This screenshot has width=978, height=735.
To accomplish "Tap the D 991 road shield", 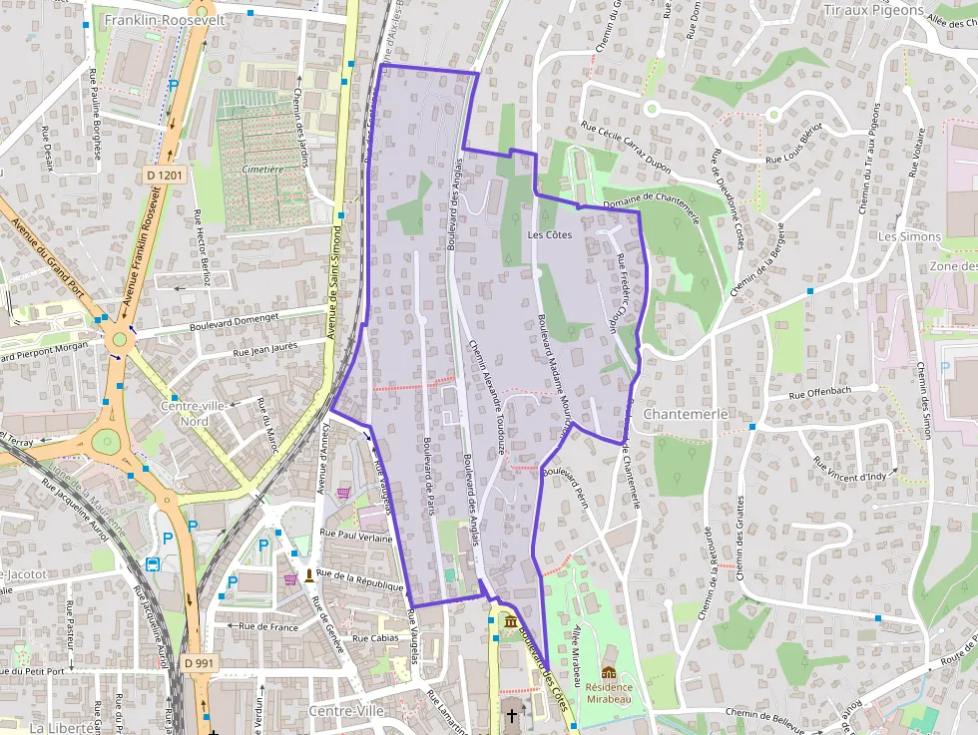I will pos(200,662).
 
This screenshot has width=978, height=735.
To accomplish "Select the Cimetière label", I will pos(262,170).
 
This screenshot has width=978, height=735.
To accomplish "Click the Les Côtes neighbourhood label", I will pos(549,235).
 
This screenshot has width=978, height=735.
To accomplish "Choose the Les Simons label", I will pos(908,237).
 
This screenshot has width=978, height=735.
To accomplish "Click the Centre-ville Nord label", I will pos(199,413).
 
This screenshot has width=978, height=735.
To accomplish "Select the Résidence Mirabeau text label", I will pos(608,694).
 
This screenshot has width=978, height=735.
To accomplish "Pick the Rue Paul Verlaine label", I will pos(356,536).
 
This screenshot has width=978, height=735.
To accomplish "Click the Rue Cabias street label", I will pos(375,638).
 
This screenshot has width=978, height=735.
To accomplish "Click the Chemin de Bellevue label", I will pos(765,713).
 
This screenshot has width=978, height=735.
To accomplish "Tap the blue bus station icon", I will pos(154,564).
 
